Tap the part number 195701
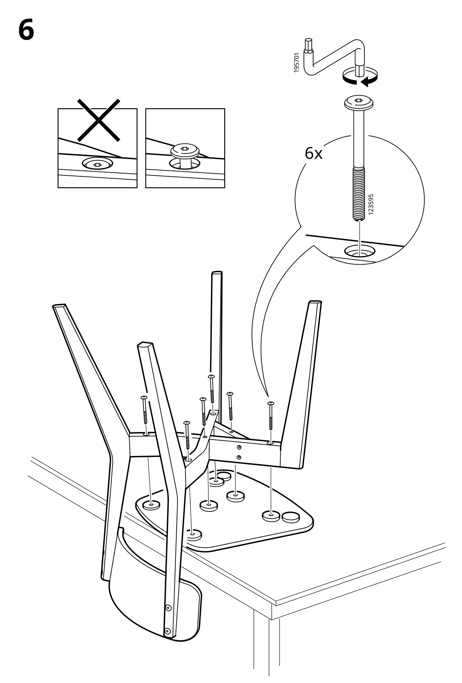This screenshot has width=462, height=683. (296, 62)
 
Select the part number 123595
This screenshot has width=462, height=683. (371, 204)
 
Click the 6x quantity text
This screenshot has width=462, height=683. (313, 154)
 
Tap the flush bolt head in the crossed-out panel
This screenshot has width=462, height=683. (97, 165)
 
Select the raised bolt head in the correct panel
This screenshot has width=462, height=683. (185, 151)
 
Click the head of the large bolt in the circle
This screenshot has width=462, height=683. (358, 102)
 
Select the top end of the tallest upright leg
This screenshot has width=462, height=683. (217, 273)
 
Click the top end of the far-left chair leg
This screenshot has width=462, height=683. (59, 306)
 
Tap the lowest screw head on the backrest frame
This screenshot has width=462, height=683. (167, 630)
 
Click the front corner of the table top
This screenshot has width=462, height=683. (276, 603)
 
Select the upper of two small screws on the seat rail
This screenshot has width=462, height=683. (239, 447)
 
